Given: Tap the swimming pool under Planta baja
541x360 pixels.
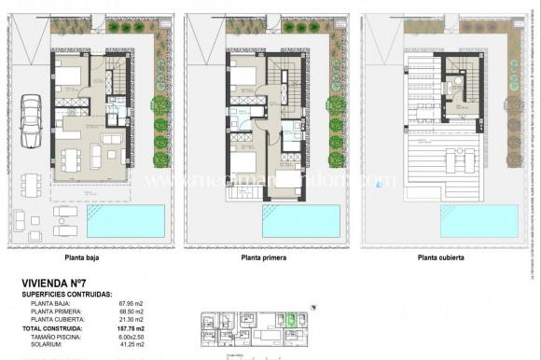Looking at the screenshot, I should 126,221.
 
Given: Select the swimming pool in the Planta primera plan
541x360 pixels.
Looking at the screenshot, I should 301,221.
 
